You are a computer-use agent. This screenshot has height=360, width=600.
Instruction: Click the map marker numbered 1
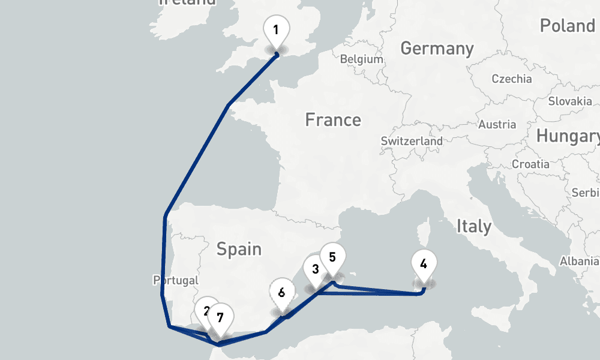coord(276,30)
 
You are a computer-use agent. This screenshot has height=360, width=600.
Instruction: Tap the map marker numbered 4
coord(424,263)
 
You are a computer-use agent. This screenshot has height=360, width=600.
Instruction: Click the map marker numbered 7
coord(220,317)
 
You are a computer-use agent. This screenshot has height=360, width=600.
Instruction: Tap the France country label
coord(333,120)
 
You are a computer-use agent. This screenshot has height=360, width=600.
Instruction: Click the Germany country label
coord(437,48)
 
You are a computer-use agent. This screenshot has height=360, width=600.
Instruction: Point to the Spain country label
coord(239,248)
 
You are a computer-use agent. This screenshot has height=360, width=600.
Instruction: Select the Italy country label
coord(474,226)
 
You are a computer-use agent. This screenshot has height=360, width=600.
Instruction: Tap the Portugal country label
coord(176,280)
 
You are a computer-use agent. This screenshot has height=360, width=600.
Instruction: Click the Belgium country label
coord(361,59)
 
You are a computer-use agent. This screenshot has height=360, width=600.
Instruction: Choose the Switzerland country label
coord(412,142)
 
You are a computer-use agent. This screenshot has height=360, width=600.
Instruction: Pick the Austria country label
coord(497,125)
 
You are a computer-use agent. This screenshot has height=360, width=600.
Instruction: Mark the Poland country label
coord(566,26)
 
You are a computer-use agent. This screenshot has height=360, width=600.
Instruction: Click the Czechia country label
coord(511,79)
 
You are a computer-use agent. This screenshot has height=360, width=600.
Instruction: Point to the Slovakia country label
coord(569,101)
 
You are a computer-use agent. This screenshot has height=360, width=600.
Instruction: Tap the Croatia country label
coord(530,164)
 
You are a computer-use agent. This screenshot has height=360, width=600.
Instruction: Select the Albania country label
coord(580,261)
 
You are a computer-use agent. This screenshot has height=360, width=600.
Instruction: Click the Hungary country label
coord(568,137)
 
